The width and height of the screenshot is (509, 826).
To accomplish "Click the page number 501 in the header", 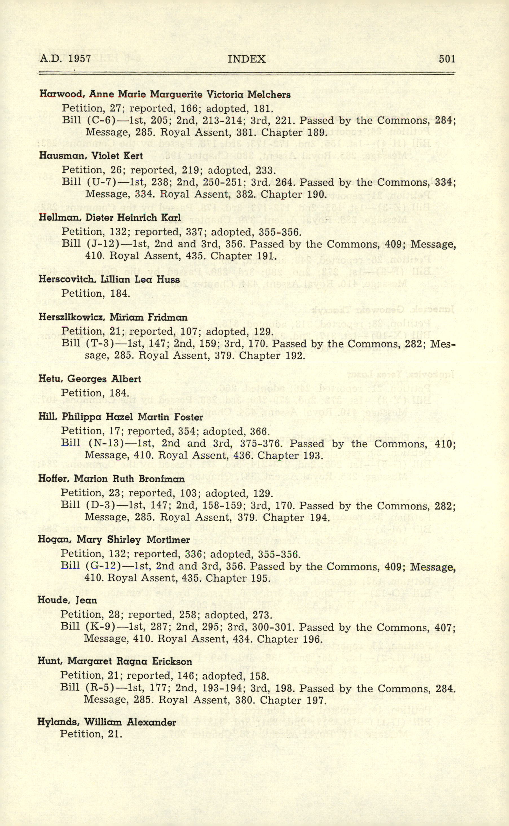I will click(447, 59).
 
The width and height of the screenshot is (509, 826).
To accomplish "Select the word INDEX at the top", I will click(246, 59).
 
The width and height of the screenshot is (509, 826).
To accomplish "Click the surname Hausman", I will click(63, 156).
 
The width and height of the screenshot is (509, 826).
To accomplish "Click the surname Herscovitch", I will click(67, 280).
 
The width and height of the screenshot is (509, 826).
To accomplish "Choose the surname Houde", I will click(54, 600).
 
